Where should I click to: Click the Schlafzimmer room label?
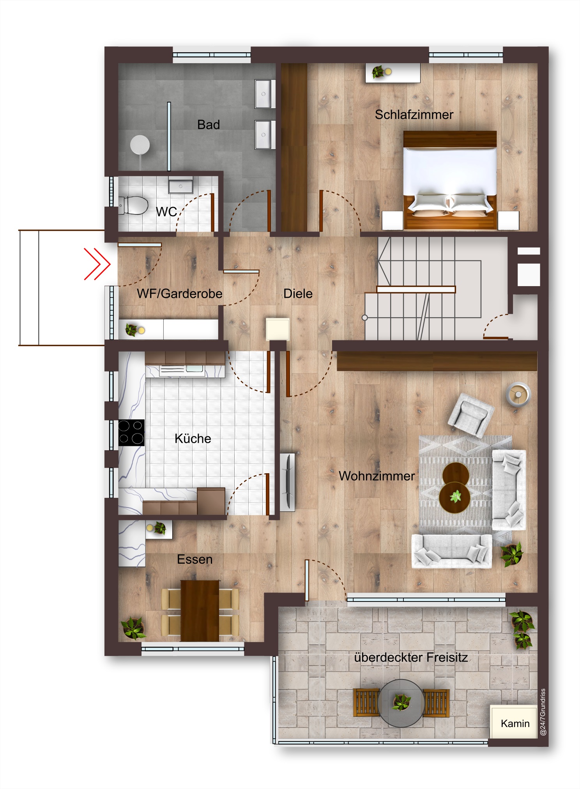(x=414, y=115)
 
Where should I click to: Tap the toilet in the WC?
(x=133, y=205)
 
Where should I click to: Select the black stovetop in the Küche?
(x=131, y=432)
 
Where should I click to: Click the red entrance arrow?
(x=97, y=264)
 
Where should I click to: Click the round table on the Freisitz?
(x=401, y=703)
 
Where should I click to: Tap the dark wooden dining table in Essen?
(x=200, y=610)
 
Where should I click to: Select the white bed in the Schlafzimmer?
(x=450, y=180)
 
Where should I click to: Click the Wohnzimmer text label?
(x=377, y=476)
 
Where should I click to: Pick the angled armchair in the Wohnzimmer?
(x=471, y=415)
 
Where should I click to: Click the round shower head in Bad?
(x=140, y=145)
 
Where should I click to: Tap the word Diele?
(x=298, y=294)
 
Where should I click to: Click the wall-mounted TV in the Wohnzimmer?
(x=288, y=482)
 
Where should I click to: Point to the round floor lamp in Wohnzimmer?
(x=518, y=394)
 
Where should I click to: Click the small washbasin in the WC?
(x=180, y=186)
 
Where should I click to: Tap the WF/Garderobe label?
(x=180, y=294)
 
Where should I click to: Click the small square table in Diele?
(x=278, y=329)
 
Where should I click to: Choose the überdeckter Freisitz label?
(x=411, y=658)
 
